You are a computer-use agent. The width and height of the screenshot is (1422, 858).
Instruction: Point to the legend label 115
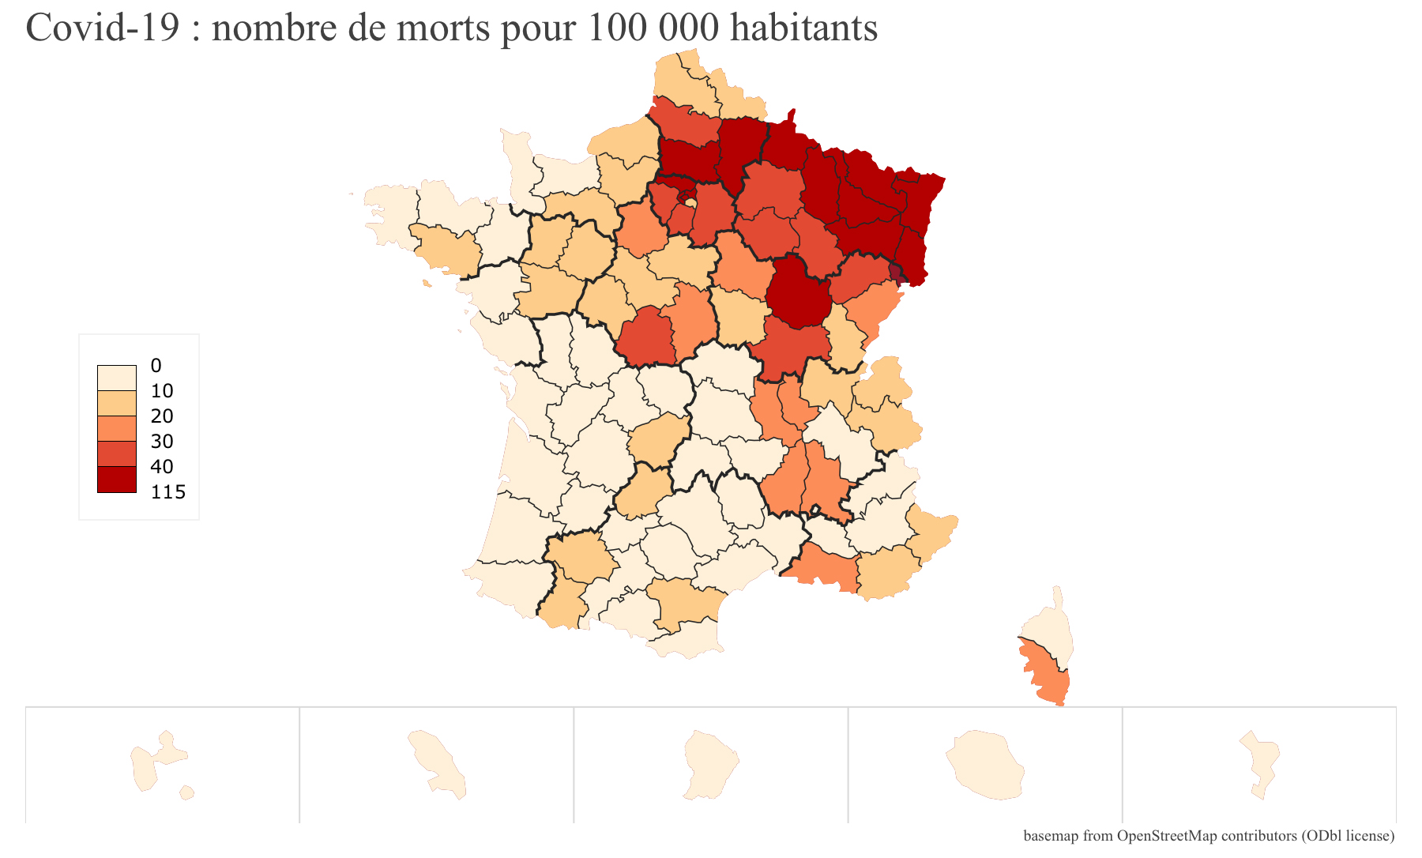point(167,492)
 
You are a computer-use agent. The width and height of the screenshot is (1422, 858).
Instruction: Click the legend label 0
point(156,366)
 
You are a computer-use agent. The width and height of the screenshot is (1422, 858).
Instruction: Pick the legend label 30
point(161,442)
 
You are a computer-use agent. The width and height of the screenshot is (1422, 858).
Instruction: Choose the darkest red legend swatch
point(117,480)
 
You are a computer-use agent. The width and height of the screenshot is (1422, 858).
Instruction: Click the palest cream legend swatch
point(117,378)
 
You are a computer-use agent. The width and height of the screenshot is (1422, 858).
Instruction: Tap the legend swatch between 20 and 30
point(117,429)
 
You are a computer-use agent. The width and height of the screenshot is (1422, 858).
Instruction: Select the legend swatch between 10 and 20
point(117,404)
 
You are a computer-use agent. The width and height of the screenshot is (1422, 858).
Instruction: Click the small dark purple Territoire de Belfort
point(895,273)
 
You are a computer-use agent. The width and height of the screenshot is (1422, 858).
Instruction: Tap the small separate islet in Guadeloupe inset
point(187,792)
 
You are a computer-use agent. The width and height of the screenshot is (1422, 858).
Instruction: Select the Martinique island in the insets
point(438,763)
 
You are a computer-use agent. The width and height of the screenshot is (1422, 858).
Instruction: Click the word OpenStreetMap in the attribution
point(1167,836)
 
